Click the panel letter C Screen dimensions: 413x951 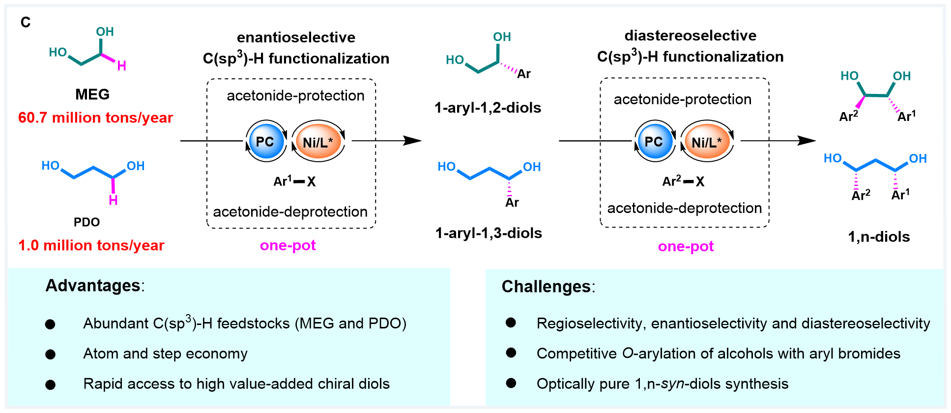(26, 23)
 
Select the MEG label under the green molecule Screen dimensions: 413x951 (92, 94)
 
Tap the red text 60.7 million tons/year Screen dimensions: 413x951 (96, 118)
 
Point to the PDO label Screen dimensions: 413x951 (87, 222)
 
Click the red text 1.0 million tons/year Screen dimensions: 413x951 (91, 245)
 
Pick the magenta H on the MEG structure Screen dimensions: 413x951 (122, 66)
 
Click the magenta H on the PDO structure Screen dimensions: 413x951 (113, 200)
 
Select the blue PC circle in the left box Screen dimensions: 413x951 (265, 142)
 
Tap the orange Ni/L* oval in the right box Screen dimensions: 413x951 (707, 142)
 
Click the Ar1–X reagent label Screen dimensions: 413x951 (294, 181)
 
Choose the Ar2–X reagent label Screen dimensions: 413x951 (683, 181)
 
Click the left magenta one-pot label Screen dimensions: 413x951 (288, 245)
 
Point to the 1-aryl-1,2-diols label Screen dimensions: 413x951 (488, 108)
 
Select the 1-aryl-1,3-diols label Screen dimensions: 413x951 (489, 233)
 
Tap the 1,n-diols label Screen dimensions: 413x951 (879, 237)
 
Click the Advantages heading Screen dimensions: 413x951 (93, 286)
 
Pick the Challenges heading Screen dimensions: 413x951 (546, 287)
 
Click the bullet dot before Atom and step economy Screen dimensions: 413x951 (50, 354)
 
